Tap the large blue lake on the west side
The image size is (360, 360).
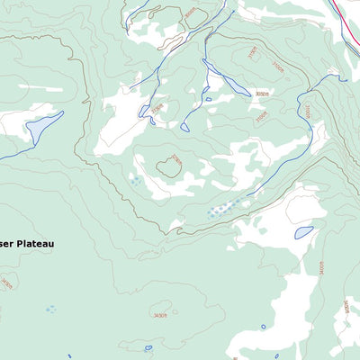coord(43,127)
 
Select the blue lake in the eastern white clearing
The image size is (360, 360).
coord(303,231)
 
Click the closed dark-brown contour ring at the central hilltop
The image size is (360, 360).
coord(168,166)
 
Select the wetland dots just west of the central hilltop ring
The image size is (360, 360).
coord(135,181)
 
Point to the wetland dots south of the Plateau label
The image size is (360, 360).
coord(50,309)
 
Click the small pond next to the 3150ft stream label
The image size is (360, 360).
coord(145,111)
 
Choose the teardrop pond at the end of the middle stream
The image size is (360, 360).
coord(184,127)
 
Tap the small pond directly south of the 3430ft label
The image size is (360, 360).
coord(148,347)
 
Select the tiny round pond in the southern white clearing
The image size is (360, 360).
coord(264,327)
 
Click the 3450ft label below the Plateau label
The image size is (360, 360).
coord(7,283)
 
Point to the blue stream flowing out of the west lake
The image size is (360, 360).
coord(13,154)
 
